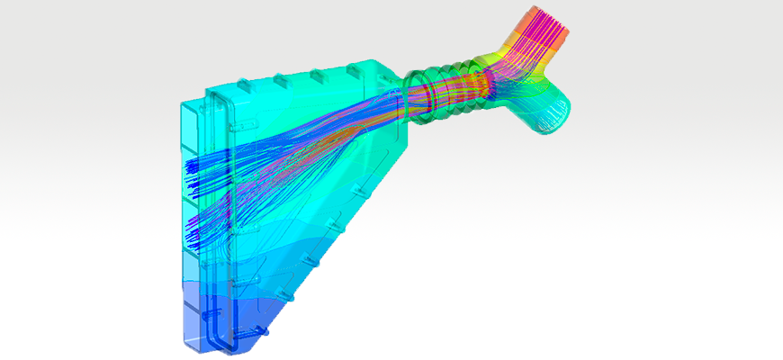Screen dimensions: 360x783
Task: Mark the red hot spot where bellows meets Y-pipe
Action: click(481, 81)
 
